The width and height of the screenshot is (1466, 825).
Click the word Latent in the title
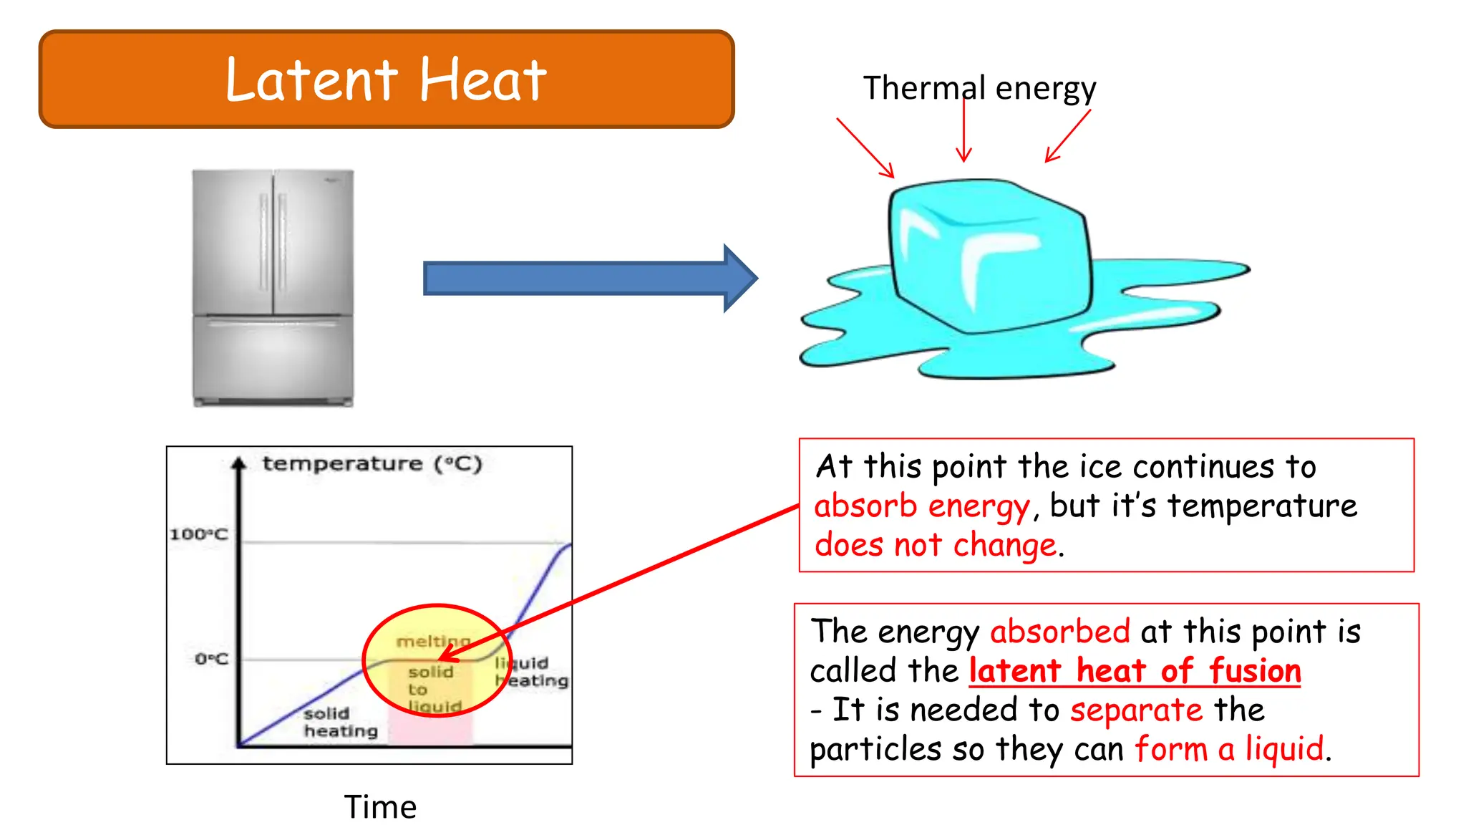(311, 80)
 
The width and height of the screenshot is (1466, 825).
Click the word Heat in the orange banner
(482, 80)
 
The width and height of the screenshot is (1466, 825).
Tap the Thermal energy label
(979, 88)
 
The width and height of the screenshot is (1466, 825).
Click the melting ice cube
(988, 258)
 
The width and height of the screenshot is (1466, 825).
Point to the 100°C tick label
(198, 534)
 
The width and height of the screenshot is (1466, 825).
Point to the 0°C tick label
(210, 659)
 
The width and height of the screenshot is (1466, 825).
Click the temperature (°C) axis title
(372, 464)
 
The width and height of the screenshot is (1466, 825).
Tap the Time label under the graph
(380, 807)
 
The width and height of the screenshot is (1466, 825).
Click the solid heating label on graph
(339, 723)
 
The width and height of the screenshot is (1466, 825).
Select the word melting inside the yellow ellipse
(432, 641)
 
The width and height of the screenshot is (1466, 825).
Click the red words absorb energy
(921, 506)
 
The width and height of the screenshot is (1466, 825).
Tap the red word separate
(1136, 710)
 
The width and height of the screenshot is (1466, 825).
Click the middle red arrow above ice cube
(964, 132)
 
